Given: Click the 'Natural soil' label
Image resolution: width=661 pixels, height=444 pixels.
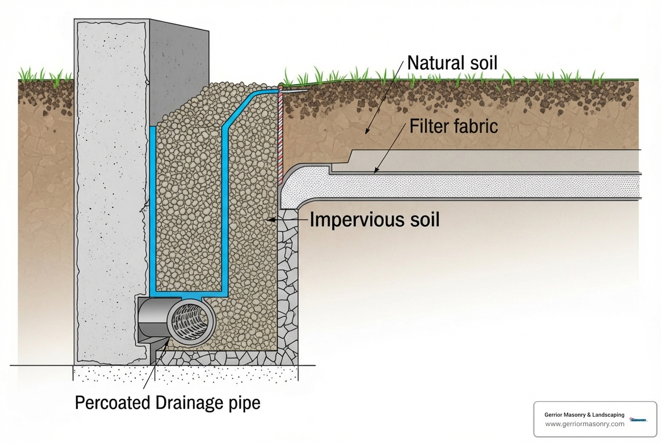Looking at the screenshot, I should tap(452, 63).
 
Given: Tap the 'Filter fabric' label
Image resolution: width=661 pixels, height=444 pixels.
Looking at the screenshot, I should tap(453, 126).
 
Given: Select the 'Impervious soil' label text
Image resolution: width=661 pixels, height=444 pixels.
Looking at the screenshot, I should tap(374, 220).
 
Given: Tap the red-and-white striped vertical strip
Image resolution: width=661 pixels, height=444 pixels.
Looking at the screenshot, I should tap(280, 136).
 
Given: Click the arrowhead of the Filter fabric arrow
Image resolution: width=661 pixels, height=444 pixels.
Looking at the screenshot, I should tap(375, 170).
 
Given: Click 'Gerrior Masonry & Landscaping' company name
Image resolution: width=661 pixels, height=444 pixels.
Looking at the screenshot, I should tap(584, 415).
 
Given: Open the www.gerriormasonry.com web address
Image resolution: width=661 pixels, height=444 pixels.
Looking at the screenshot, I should tap(584, 424).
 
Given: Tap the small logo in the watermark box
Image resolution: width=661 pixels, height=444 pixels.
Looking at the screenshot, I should tap(639, 419).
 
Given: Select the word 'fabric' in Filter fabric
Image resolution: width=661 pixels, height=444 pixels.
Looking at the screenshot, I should tap(475, 126).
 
